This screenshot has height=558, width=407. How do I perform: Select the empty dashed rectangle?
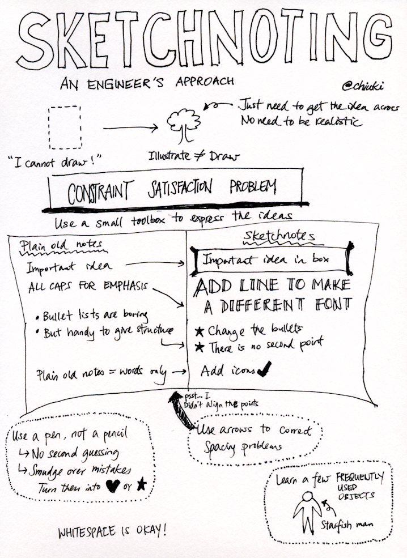pyautogui.click(x=65, y=127)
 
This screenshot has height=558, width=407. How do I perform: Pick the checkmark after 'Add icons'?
pyautogui.click(x=264, y=370)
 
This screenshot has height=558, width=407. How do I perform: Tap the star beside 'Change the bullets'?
pyautogui.click(x=199, y=330)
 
